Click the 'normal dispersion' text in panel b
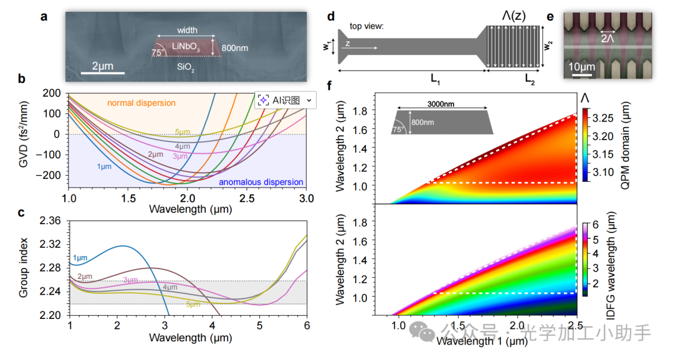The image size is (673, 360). click(x=141, y=102)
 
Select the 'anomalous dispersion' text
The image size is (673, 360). click(x=261, y=182)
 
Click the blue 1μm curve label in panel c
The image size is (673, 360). click(x=79, y=257)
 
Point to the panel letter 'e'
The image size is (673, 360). click(x=550, y=16)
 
